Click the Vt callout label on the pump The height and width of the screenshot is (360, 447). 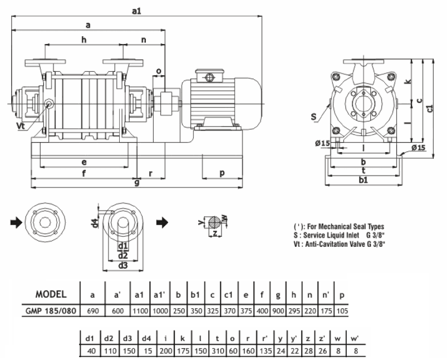click(21, 127)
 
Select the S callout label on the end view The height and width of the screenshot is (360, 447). click(313, 117)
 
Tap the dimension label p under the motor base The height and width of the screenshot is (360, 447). click(222, 173)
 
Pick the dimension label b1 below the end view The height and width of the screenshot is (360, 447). click(363, 181)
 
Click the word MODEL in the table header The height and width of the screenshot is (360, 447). click(51, 294)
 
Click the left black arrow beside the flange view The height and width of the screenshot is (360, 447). click(16, 222)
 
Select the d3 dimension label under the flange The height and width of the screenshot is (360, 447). click(123, 265)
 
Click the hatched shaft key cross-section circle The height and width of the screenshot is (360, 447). click(213, 221)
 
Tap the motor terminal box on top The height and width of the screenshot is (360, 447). click(209, 76)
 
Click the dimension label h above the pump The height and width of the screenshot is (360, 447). click(84, 40)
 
